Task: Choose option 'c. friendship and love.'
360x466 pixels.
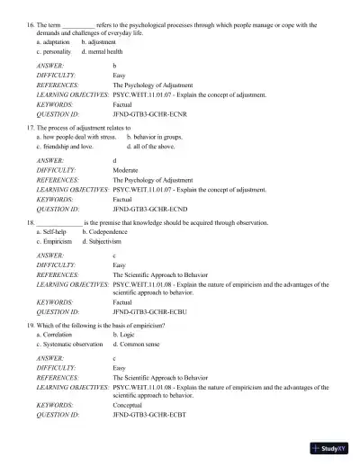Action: pyautogui.click(x=65, y=145)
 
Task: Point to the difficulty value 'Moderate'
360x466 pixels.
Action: pyautogui.click(x=125, y=169)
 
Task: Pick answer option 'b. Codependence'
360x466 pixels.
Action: pyautogui.click(x=108, y=231)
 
